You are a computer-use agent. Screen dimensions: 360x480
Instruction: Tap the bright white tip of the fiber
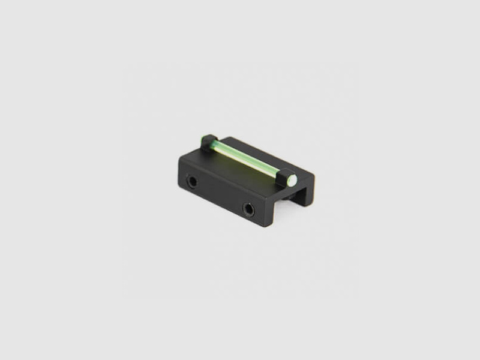pos(292,179)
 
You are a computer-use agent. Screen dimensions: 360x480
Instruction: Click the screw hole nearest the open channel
pos(248,209)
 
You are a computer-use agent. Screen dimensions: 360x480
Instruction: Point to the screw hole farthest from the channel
pos(192,181)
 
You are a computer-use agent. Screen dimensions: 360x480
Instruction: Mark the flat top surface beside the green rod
pos(264,159)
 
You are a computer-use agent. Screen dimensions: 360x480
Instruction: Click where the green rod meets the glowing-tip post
pos(286,176)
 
